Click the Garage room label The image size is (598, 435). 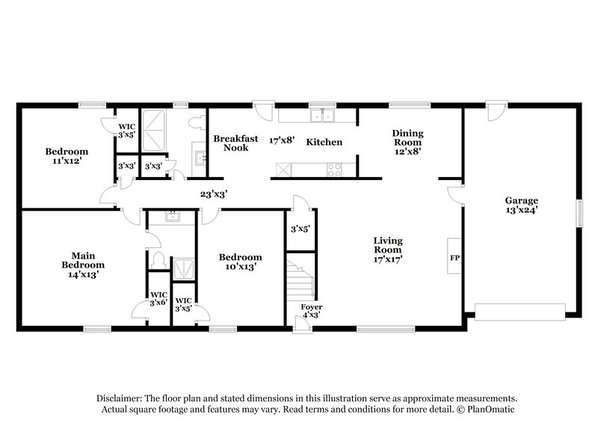point(521,205)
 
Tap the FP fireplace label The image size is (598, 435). point(454,259)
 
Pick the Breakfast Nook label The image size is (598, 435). point(235,143)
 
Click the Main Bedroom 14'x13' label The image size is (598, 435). point(82,265)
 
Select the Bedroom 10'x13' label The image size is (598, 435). point(240,262)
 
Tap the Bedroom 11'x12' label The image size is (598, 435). point(67,155)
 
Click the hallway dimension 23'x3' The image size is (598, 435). point(213,194)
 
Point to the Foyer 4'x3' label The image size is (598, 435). point(311,311)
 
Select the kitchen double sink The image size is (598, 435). point(324,116)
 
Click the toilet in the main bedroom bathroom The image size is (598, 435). point(158,258)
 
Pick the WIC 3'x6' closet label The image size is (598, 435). point(158,299)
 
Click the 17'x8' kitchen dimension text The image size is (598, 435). point(283,139)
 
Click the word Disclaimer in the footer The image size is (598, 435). point(123,398)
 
